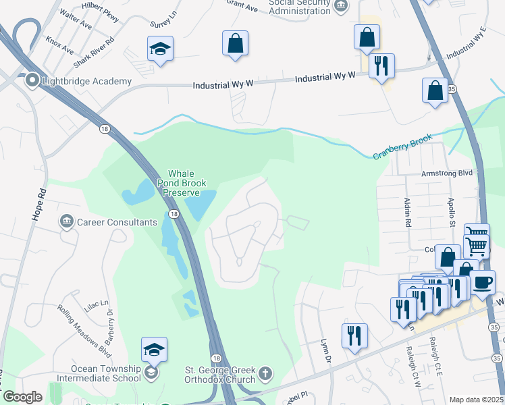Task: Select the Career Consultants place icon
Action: (x=66, y=221)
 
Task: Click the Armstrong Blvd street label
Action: (x=447, y=173)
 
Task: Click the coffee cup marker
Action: (x=483, y=281)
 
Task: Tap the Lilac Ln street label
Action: (x=97, y=307)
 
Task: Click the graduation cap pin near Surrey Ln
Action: (x=160, y=49)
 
